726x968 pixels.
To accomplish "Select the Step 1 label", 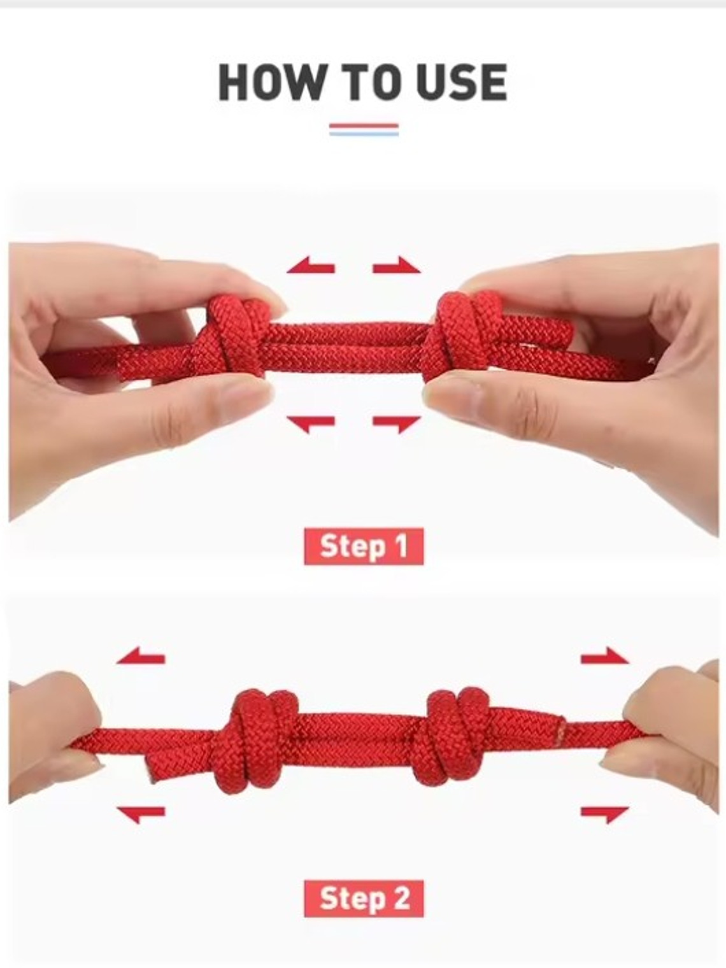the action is [x=364, y=546].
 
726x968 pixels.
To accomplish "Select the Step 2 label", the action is [x=364, y=899].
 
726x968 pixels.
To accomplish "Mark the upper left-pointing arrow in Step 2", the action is [x=141, y=655].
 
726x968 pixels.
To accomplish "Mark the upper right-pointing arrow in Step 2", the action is [x=605, y=655].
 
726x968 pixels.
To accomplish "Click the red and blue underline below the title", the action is [x=364, y=129].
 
